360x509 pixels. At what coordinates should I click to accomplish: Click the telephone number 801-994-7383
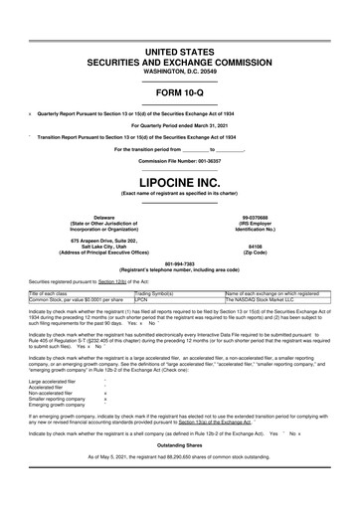tap(180, 263)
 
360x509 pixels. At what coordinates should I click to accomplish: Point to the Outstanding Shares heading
tap(180, 471)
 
